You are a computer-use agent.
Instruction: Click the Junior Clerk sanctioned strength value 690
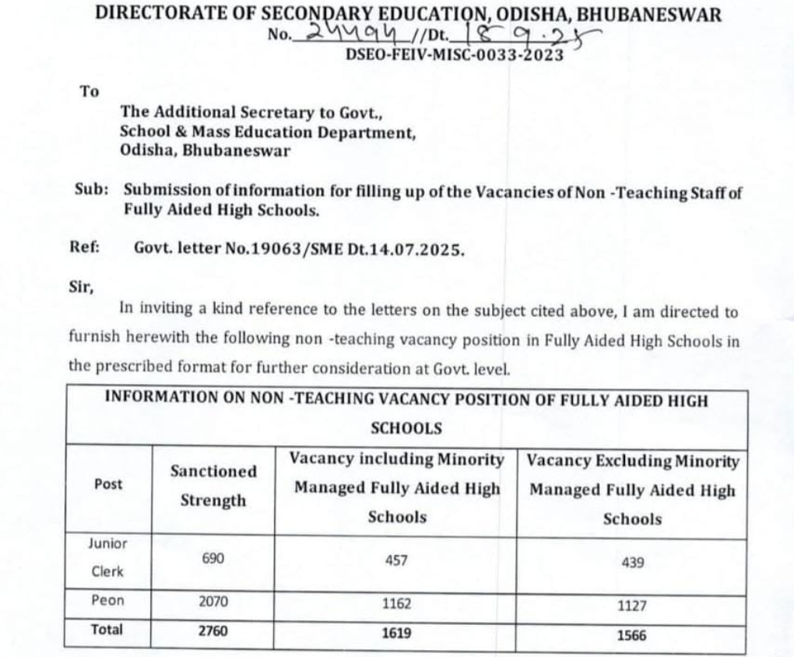[213, 558]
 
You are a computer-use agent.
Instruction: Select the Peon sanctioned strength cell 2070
[213, 603]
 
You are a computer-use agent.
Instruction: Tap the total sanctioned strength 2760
[213, 631]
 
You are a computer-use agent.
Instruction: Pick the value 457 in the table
[396, 560]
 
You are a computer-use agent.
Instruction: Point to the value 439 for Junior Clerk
[632, 562]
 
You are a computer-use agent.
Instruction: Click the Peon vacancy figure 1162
[396, 603]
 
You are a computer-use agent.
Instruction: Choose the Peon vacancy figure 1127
[631, 606]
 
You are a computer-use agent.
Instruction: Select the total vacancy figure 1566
[631, 635]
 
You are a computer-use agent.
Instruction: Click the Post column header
[108, 484]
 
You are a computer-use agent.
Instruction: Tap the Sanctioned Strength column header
[213, 486]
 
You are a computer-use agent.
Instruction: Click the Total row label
[107, 630]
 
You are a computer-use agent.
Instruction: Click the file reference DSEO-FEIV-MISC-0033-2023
[455, 54]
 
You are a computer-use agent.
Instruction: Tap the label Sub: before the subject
[91, 191]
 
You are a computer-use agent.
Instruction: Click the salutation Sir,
[81, 285]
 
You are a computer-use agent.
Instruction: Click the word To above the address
[90, 91]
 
